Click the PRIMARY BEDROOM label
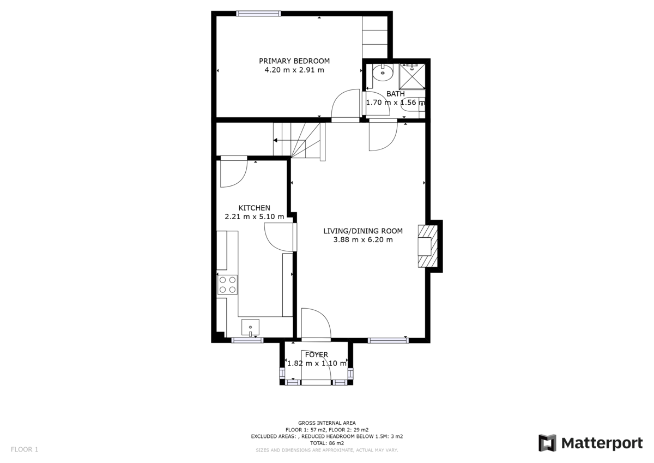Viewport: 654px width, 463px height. click(x=294, y=61)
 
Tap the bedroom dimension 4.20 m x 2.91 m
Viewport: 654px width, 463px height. click(x=294, y=70)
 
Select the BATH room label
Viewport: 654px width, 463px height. click(x=395, y=94)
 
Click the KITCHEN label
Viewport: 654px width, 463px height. click(x=254, y=208)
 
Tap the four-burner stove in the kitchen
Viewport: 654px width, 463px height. click(x=228, y=285)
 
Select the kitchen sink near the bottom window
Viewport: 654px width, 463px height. click(x=251, y=327)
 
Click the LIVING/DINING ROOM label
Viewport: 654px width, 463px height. click(x=362, y=231)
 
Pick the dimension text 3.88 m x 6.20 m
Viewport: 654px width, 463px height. click(x=362, y=239)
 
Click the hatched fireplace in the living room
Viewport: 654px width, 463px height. click(x=428, y=246)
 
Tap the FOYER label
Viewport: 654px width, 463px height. click(x=316, y=355)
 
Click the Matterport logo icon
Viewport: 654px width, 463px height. click(x=547, y=443)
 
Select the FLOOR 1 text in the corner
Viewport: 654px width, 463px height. click(x=25, y=450)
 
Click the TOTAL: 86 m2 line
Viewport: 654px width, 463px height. click(x=327, y=443)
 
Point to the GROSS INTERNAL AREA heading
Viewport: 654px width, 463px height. click(x=327, y=423)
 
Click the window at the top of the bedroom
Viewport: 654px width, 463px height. click(x=258, y=14)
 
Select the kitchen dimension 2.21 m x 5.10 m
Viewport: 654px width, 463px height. click(x=254, y=217)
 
